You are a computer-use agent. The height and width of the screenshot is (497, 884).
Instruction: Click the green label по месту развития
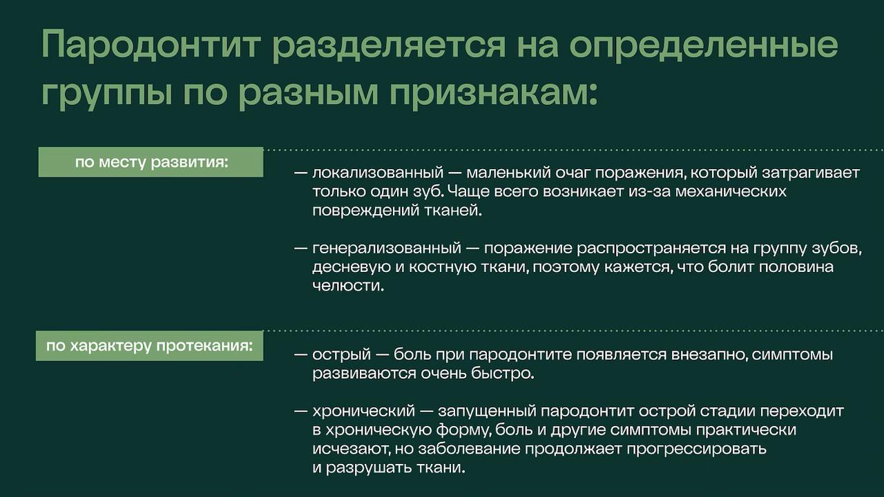[151, 162]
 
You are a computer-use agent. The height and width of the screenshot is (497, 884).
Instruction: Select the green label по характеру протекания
[149, 345]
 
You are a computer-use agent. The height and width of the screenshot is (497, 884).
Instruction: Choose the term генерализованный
[386, 248]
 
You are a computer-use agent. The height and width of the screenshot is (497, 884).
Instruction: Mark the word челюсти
[347, 285]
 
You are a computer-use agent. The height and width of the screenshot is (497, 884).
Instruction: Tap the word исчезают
[344, 449]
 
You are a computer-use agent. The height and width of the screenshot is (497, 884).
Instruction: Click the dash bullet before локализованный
[300, 173]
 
